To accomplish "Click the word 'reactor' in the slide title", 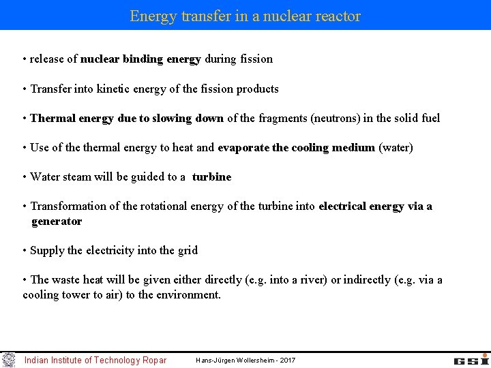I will pos(337,16).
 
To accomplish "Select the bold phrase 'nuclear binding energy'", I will pos(140,59).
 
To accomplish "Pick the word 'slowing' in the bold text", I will pos(173,118).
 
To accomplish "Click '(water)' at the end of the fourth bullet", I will pos(396,147).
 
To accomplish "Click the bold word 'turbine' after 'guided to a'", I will pos(211,177).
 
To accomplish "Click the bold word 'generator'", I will pos(57,221).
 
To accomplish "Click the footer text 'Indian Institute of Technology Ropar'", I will pos(95,360).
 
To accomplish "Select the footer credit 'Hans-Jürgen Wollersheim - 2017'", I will pos(245,360).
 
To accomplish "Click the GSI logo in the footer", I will pos(471,359).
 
